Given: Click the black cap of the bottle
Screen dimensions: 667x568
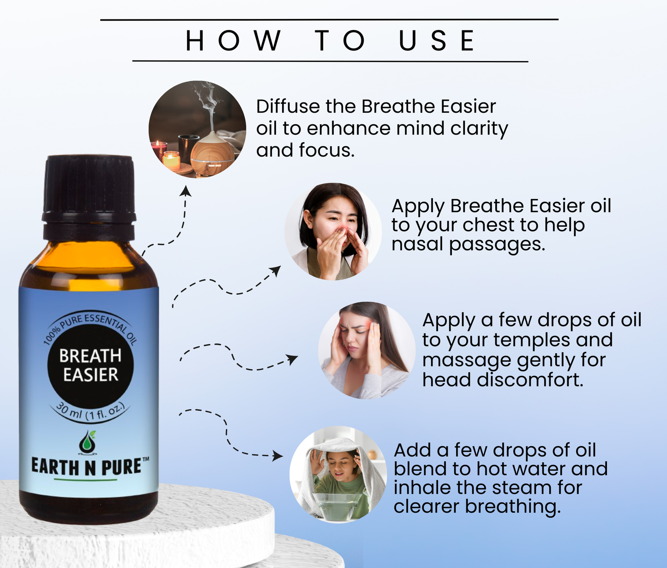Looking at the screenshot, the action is click(x=89, y=198).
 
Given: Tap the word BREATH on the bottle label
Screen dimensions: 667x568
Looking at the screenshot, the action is click(x=90, y=356).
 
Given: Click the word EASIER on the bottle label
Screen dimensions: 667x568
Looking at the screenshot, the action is click(x=90, y=375).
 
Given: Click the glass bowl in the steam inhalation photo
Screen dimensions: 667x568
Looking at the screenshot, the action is click(x=338, y=506).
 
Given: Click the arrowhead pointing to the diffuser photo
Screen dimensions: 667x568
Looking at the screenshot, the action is click(x=185, y=191).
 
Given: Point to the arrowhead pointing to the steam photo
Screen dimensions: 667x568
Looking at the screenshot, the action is click(x=277, y=456).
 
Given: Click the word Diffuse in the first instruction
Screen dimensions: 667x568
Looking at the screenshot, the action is click(x=288, y=106).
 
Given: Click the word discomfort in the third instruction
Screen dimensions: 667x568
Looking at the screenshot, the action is click(x=530, y=380).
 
